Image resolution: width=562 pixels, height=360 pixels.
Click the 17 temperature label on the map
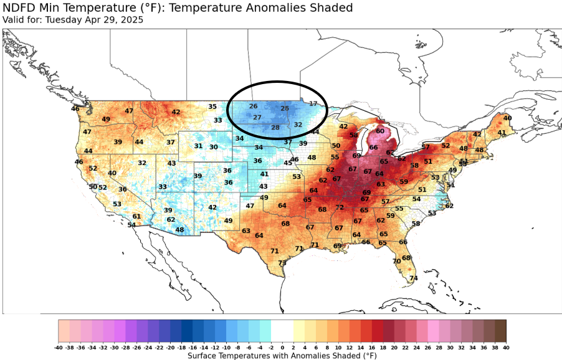313,103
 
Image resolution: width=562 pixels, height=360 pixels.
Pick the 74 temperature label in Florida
413,278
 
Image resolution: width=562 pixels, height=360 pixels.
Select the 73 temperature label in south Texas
282,263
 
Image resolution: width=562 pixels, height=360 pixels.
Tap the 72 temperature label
340,207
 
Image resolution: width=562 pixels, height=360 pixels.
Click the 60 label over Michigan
380,131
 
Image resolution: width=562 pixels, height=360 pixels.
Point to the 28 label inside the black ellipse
275,128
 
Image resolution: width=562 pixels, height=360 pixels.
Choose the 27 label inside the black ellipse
257,117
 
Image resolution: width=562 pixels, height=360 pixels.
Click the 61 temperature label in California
136,217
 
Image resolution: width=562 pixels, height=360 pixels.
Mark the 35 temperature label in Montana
212,107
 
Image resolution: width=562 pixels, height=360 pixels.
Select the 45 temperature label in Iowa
288,163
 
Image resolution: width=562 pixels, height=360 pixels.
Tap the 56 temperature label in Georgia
366,242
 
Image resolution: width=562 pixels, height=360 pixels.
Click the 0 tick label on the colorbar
282,347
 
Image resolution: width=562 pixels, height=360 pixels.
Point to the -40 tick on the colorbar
59,347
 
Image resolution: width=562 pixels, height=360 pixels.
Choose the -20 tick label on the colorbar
170,347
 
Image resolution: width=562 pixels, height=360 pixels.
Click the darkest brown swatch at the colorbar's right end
500,329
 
